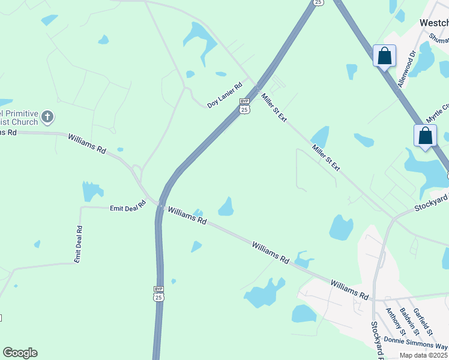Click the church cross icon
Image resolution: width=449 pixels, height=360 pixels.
[x=47, y=116]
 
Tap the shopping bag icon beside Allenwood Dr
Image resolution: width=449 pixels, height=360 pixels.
[x=384, y=56]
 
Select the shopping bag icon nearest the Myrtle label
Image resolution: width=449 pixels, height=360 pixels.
[x=425, y=136]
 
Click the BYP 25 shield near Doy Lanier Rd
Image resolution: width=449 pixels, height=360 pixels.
[x=244, y=106]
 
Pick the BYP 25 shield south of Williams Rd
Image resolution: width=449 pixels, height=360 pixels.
[x=158, y=293]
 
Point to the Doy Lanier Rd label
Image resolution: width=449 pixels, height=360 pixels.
[x=224, y=95]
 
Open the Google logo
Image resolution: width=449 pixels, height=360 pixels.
[x=20, y=353]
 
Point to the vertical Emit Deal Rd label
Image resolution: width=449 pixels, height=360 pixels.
[x=78, y=244]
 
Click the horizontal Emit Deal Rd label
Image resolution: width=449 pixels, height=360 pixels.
[x=128, y=207]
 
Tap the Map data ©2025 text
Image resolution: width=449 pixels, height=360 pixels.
[x=424, y=355]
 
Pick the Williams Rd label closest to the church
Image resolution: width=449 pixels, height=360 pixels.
[x=87, y=144]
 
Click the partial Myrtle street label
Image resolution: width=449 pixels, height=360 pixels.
[x=438, y=110]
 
